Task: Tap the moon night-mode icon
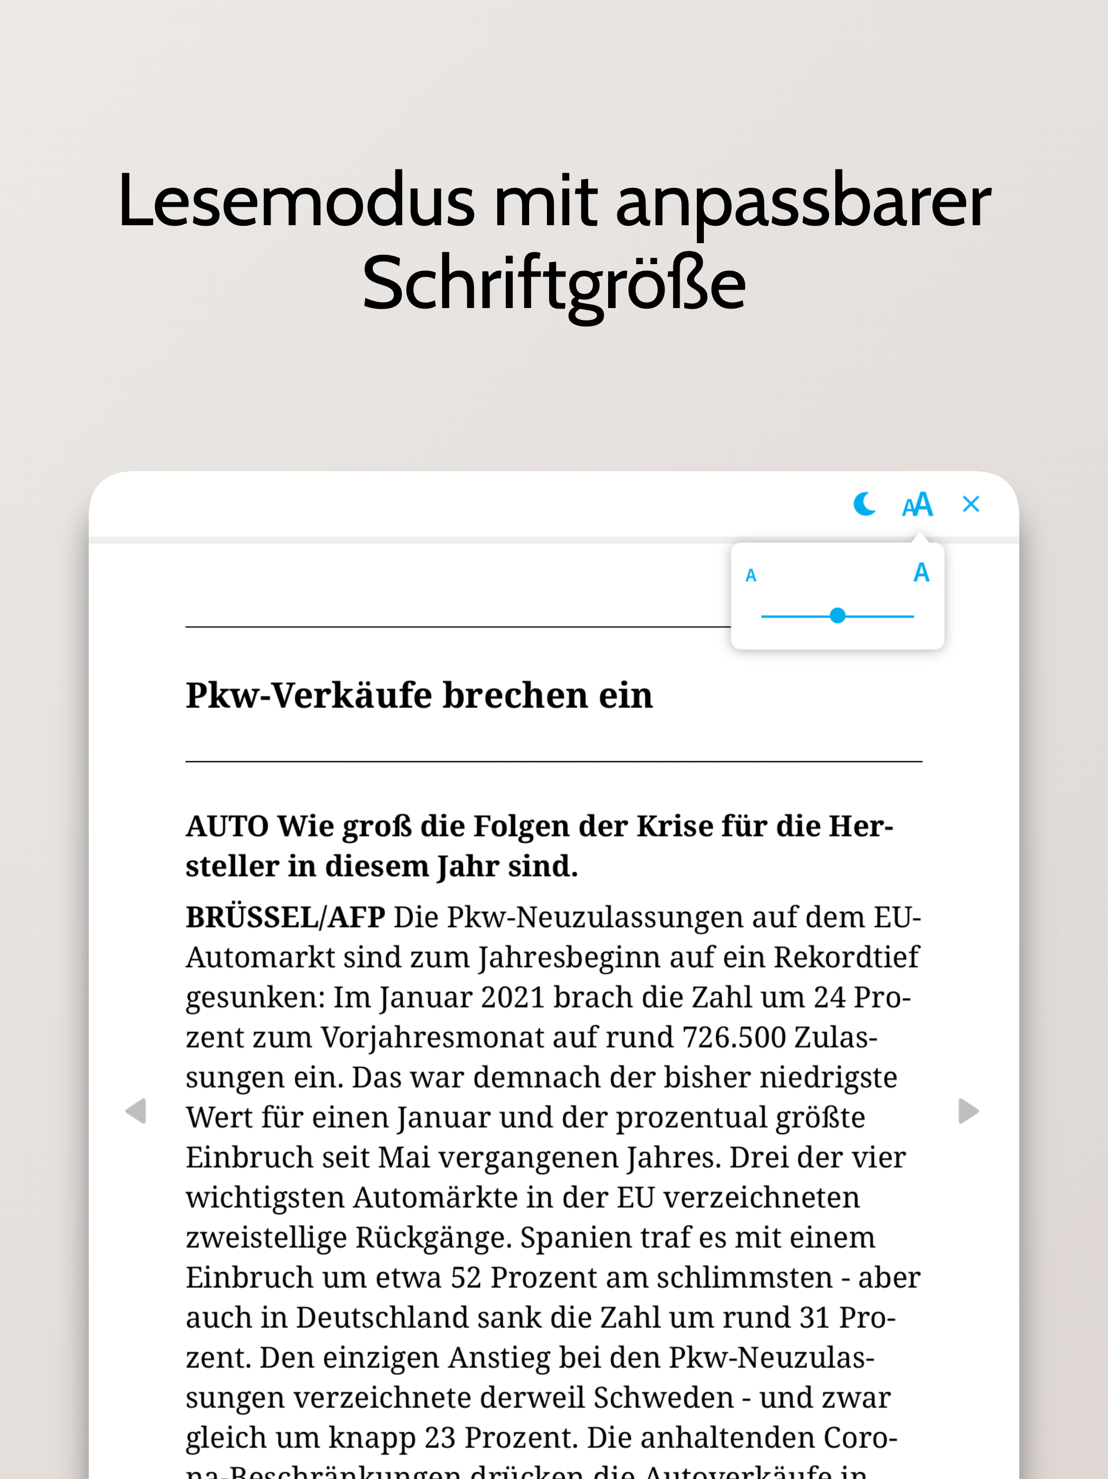click(864, 504)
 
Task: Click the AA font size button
click(917, 505)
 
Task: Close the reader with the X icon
click(971, 504)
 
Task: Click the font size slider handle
click(837, 616)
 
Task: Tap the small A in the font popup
click(750, 575)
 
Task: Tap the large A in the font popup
click(921, 573)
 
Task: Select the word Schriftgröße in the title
click(553, 285)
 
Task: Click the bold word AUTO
click(227, 827)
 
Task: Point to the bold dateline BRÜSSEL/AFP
click(285, 918)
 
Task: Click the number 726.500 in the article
click(734, 1038)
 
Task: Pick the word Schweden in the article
click(662, 1397)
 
